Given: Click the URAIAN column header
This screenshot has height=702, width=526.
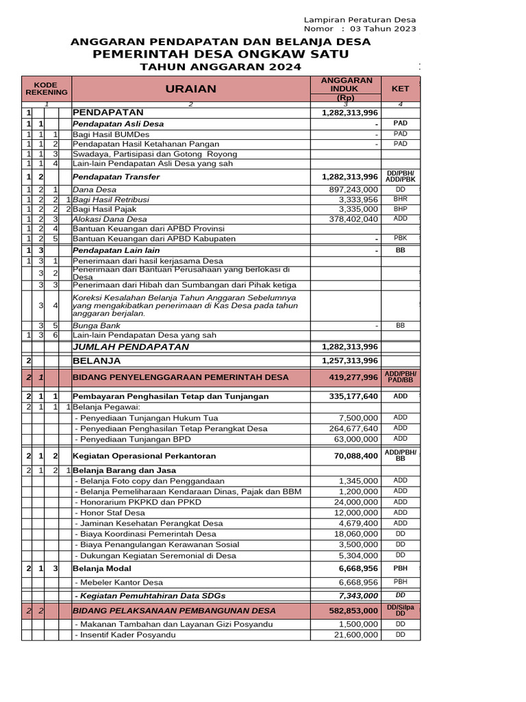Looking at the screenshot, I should tap(190, 88).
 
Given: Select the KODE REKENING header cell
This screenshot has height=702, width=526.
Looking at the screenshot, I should tap(47, 88).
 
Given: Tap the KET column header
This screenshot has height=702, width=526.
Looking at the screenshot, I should tap(400, 88).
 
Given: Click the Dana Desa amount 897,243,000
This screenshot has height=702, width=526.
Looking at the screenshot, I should tap(353, 189).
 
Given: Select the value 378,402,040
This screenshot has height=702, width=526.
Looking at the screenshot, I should tap(353, 219).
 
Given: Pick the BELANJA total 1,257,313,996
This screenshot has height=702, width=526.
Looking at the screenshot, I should tap(350, 361).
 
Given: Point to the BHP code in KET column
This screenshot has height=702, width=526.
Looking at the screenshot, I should tap(401, 208).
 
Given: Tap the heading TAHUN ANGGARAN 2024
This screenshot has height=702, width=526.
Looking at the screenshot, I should tap(220, 66).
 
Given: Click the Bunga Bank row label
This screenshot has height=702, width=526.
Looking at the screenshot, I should tap(97, 325).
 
